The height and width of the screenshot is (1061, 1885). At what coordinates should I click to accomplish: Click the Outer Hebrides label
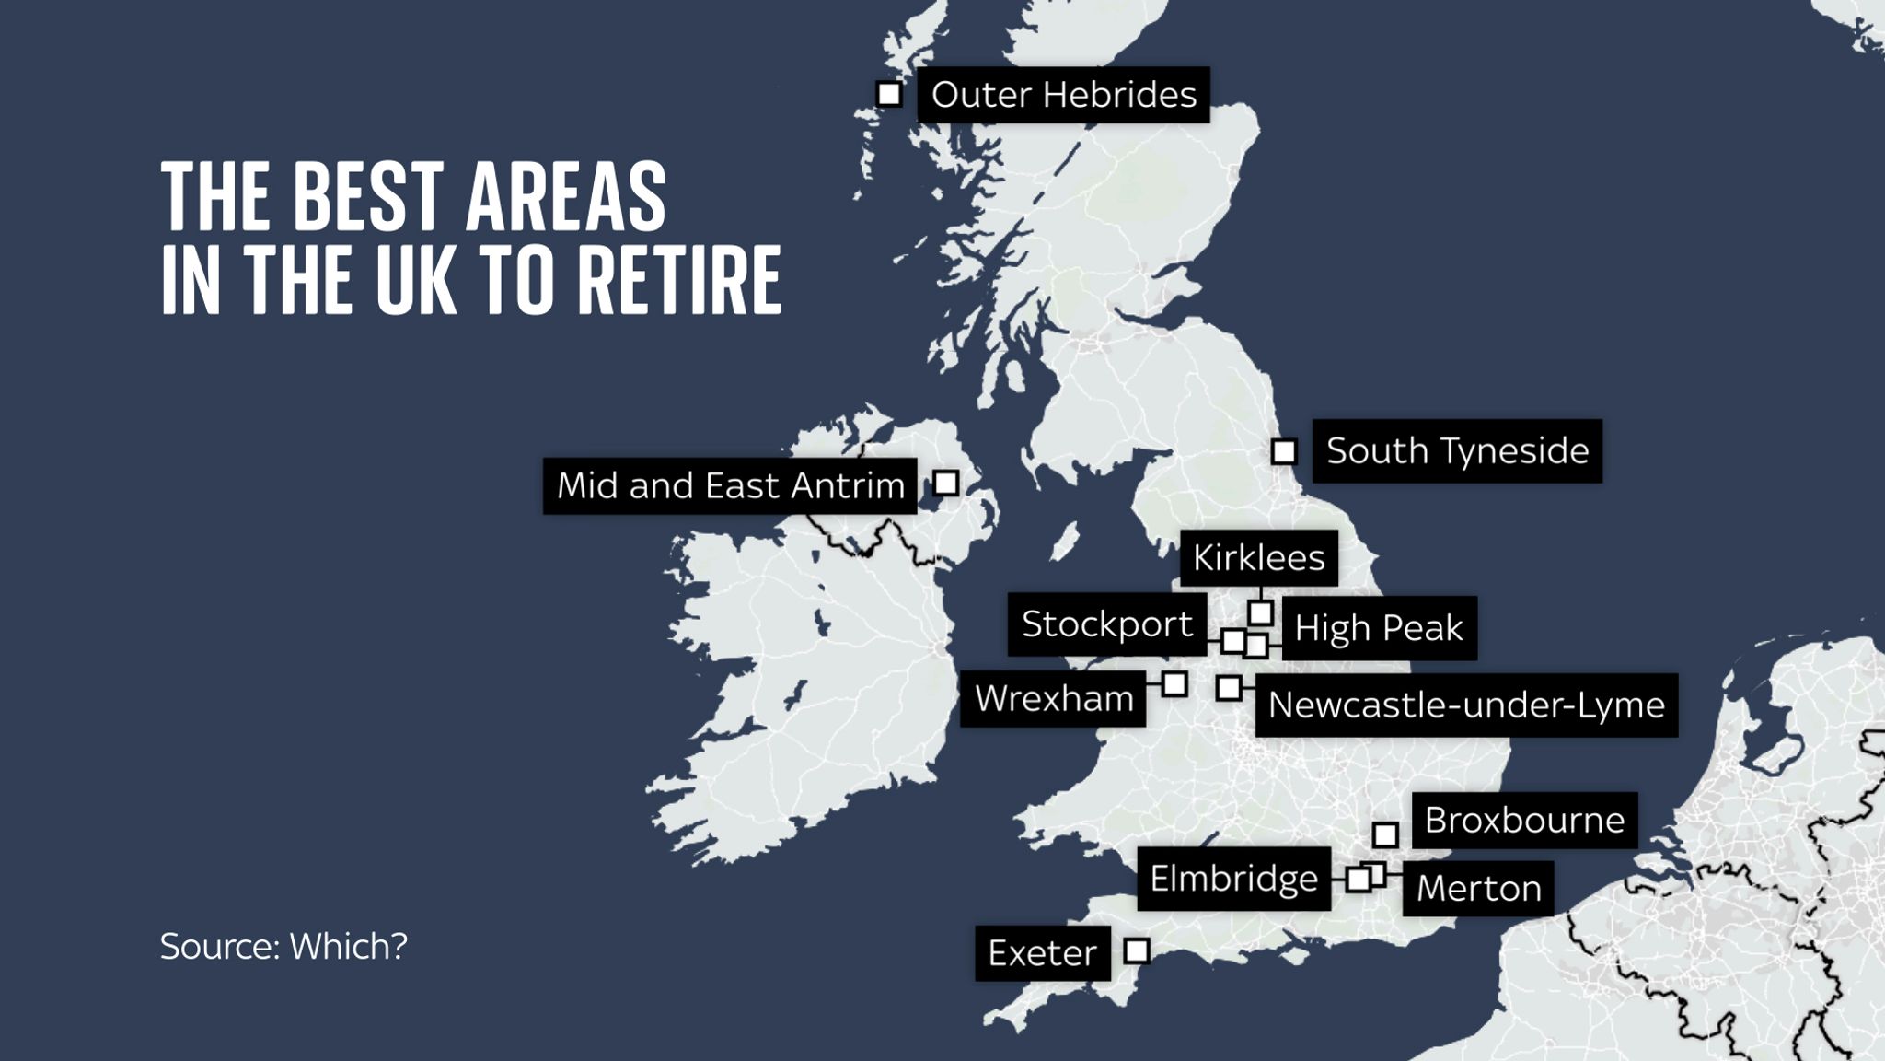click(1063, 95)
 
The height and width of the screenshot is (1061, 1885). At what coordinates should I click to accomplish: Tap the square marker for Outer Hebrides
click(889, 94)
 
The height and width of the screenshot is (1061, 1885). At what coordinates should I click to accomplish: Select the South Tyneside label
click(1457, 451)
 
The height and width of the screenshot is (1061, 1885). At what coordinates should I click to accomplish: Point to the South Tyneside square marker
click(1284, 452)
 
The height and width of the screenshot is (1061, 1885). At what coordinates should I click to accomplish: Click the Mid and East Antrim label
click(730, 485)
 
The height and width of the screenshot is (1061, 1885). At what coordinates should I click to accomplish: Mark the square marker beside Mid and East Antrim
click(945, 483)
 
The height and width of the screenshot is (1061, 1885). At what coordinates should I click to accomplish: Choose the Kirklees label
click(1258, 558)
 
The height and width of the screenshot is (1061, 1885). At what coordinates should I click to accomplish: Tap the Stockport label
click(1107, 624)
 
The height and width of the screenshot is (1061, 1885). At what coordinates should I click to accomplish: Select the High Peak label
click(1379, 628)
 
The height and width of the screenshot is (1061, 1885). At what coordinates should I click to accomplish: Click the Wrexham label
click(1054, 699)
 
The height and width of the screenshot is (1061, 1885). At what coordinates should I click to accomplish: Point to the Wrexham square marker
click(1174, 684)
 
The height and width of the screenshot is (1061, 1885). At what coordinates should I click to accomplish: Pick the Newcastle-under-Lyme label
click(1466, 705)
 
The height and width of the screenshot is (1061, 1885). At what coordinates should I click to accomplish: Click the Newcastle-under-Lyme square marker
click(1229, 688)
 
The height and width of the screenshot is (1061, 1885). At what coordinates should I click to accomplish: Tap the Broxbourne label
click(1524, 821)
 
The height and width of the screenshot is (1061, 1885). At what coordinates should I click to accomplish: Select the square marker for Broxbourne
click(1385, 835)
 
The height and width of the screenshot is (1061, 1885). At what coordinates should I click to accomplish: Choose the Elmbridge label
click(1233, 879)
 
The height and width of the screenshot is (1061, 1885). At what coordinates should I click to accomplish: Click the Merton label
click(1478, 889)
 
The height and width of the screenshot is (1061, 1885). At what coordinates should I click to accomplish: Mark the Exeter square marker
click(1138, 950)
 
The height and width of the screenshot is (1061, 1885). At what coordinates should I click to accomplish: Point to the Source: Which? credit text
click(283, 947)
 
